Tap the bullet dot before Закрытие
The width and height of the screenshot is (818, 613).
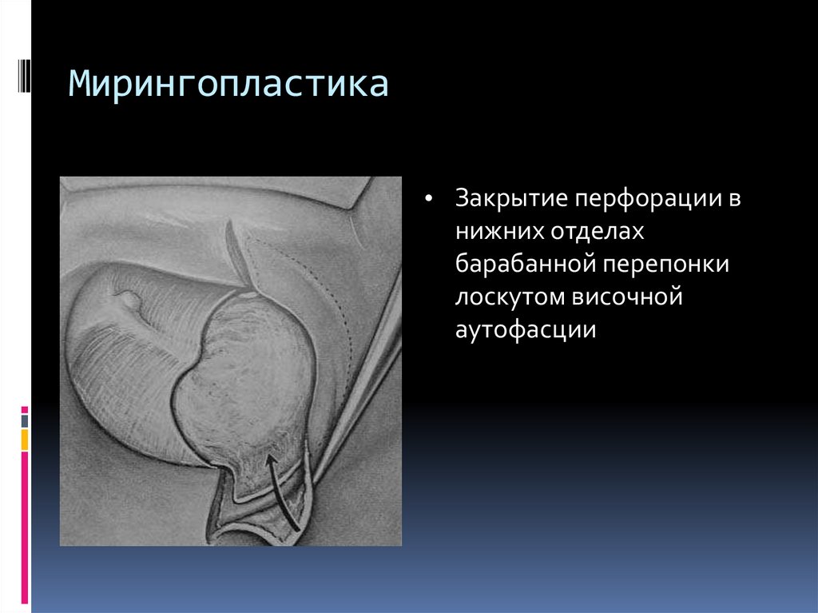(430, 199)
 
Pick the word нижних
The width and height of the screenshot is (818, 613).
(496, 231)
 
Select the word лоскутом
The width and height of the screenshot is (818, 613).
(507, 297)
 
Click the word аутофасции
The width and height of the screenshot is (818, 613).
(526, 329)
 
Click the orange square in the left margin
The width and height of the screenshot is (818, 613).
(25, 439)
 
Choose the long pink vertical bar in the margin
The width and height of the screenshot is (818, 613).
(25, 527)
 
